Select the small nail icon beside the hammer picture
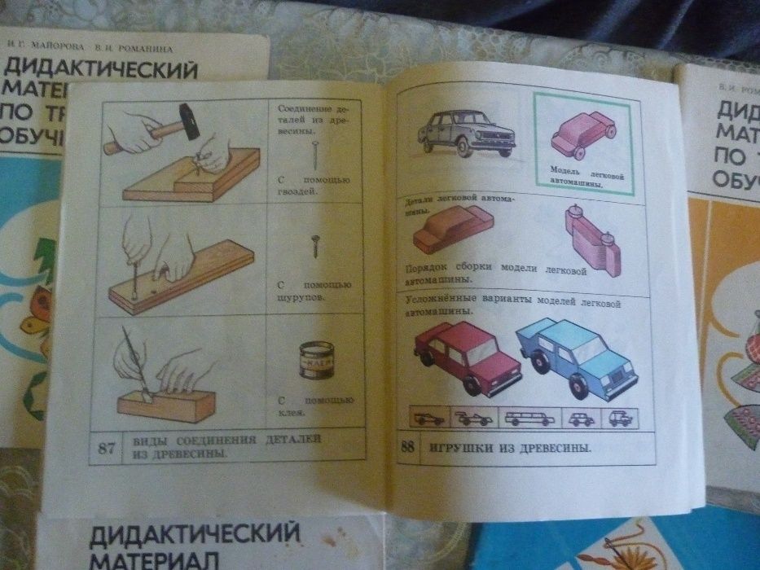314,154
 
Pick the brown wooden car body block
446,229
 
